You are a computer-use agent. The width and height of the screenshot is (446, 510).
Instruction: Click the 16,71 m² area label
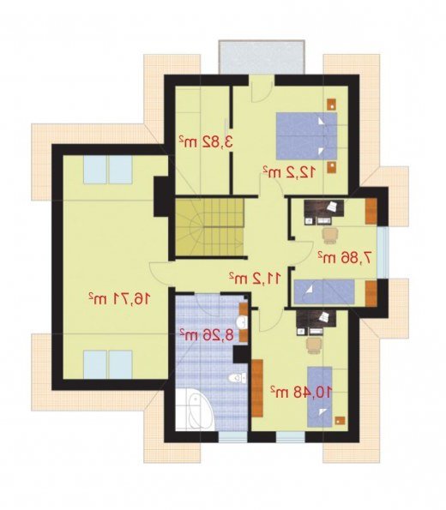tap(119, 298)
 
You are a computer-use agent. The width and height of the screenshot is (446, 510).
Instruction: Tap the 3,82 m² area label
tap(206, 142)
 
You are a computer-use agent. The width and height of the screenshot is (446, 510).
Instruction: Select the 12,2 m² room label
tap(289, 171)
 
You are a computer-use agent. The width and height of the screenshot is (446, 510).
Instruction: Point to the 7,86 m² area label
tap(345, 258)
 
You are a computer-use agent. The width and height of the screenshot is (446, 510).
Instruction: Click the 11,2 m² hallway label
tap(255, 278)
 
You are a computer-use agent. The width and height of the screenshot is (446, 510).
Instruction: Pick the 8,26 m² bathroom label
tap(208, 334)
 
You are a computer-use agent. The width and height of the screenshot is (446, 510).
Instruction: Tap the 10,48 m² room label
tap(301, 392)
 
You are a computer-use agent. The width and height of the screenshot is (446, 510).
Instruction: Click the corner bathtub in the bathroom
tap(195, 410)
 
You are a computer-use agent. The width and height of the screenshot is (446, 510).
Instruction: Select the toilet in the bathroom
tap(238, 378)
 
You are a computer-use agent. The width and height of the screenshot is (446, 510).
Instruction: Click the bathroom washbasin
tap(242, 322)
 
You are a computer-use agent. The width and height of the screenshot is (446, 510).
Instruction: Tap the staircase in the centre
tap(209, 226)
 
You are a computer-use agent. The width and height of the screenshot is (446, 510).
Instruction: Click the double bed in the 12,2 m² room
tap(306, 136)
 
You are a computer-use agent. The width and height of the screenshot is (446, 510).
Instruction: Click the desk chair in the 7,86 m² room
tap(330, 235)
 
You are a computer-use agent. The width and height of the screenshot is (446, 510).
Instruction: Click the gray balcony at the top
tap(262, 57)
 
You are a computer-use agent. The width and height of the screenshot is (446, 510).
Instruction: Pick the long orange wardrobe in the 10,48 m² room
tap(257, 388)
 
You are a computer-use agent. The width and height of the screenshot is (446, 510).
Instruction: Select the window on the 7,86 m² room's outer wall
tap(383, 252)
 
